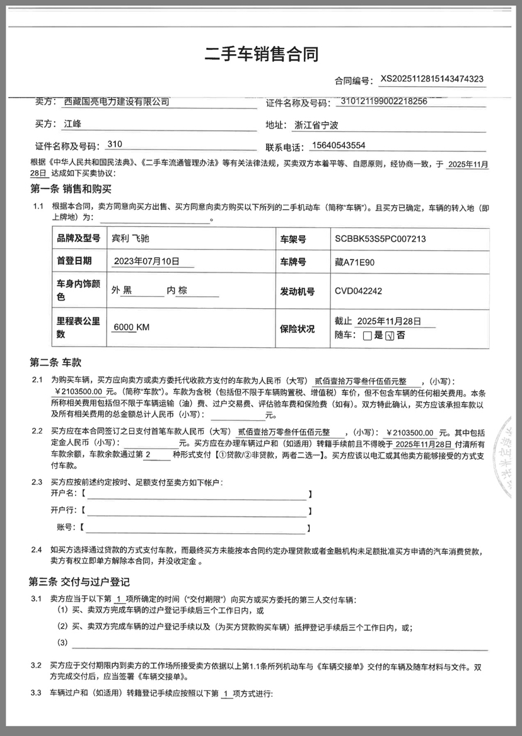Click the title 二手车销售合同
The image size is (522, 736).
coord(261,54)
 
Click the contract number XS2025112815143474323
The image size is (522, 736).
coord(432,79)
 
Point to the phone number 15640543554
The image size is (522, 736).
coord(338,146)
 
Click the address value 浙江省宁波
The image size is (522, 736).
coord(316,124)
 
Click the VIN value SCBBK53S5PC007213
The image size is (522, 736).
coord(381,239)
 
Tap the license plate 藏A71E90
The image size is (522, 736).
coord(356,262)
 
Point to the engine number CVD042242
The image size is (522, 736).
coord(358,291)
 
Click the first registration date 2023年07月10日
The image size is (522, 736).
coord(146,262)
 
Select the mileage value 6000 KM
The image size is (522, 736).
coord(131,327)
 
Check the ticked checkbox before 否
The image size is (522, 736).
coord(389,336)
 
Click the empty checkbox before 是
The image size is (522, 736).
coord(368,336)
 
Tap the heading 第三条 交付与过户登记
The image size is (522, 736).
coord(79,582)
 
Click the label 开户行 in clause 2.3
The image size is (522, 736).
coord(63,510)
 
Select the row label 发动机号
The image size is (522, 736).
coord(301,291)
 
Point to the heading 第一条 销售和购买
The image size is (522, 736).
coord(71,188)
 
